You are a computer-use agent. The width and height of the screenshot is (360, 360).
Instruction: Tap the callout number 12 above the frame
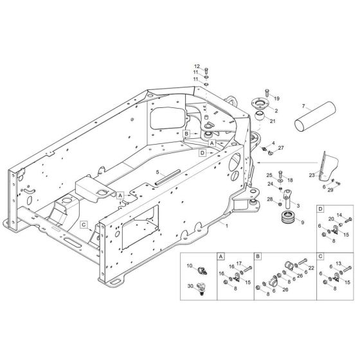[198, 66]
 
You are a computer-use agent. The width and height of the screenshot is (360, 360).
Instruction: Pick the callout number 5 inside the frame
[156, 172]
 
